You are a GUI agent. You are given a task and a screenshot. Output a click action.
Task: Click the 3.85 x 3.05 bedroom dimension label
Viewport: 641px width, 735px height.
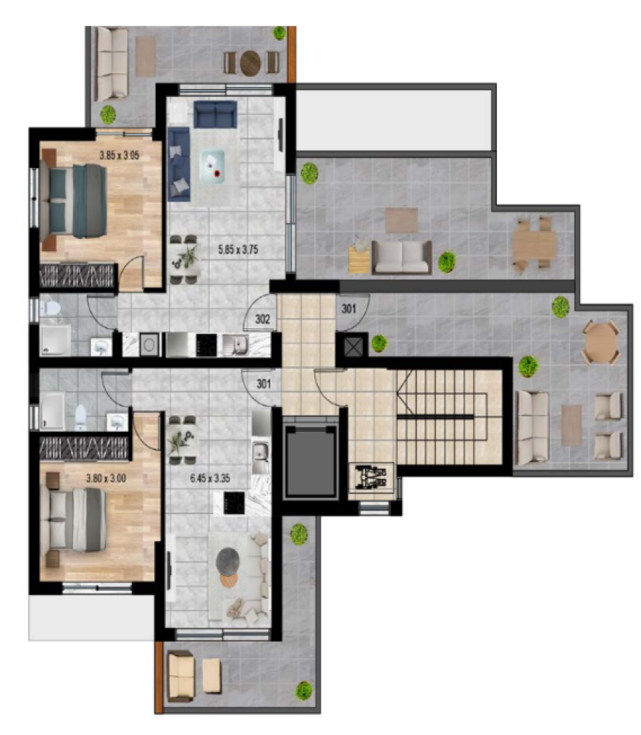120,155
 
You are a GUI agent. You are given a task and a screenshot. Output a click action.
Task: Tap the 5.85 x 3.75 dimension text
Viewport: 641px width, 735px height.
238,249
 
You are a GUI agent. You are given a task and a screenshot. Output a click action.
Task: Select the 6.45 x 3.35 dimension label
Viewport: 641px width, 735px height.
210,479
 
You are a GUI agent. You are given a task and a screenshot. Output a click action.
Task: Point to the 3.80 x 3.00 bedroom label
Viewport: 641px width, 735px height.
106,479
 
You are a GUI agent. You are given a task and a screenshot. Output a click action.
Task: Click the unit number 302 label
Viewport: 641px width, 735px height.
262,319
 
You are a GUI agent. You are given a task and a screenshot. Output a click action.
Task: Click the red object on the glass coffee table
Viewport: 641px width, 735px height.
218,174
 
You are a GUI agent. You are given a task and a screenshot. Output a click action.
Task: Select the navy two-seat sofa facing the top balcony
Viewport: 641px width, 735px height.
215,114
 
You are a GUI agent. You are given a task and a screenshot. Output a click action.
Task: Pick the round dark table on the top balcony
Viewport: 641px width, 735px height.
250,62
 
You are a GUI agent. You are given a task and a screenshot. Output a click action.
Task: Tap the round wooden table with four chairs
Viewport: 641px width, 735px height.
602,342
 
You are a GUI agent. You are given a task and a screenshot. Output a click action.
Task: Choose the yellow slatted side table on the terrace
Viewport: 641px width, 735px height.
359,260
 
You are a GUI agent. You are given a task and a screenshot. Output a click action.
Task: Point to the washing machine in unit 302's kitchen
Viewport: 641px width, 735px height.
149,345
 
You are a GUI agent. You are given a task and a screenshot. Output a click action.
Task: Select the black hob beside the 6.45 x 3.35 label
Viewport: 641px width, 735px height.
234,503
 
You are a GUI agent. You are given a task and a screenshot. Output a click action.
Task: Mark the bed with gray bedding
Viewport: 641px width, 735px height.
73,520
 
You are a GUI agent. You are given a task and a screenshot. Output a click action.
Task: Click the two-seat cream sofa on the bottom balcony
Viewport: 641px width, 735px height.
181,676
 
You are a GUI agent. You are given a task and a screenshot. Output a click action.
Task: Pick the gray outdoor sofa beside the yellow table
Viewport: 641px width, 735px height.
402,258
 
